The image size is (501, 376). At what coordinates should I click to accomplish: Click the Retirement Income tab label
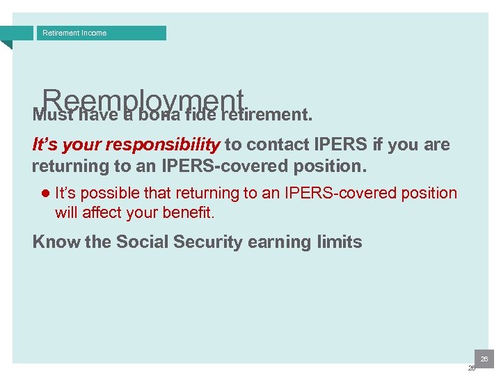74,33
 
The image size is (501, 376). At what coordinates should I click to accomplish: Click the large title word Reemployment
143,101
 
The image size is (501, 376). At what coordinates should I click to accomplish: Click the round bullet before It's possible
45,194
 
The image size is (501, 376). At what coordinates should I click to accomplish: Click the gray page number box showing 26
484,359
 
